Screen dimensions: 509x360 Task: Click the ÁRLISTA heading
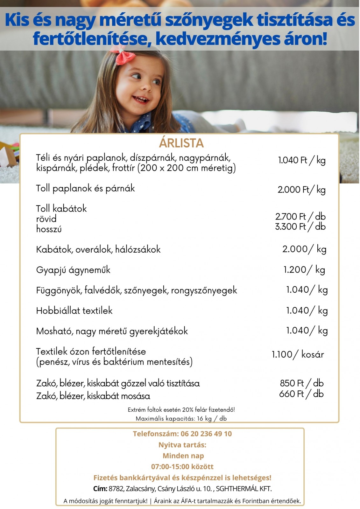(x=181, y=143)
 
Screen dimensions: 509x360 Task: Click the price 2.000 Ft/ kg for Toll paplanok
(x=301, y=190)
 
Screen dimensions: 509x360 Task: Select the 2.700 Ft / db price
(x=300, y=217)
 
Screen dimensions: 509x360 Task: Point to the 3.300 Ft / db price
(x=300, y=227)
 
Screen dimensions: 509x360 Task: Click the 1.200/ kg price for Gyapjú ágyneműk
(x=304, y=270)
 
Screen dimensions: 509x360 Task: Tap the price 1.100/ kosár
(x=298, y=354)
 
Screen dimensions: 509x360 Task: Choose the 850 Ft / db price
(x=301, y=383)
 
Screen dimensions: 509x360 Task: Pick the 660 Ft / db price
(x=301, y=394)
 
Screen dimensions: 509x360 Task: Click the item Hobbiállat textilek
(x=74, y=310)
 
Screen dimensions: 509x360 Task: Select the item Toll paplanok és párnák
(x=85, y=188)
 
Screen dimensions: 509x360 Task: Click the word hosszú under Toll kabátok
(x=49, y=229)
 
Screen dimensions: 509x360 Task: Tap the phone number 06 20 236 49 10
(x=206, y=434)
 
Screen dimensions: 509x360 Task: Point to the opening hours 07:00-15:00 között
(x=182, y=467)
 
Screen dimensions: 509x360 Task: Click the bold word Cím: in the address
(x=100, y=489)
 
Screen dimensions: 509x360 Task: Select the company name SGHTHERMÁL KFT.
(x=244, y=489)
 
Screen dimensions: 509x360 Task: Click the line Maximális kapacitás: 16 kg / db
(x=181, y=419)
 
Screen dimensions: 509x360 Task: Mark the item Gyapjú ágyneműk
(x=73, y=270)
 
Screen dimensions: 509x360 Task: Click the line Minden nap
(x=183, y=456)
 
